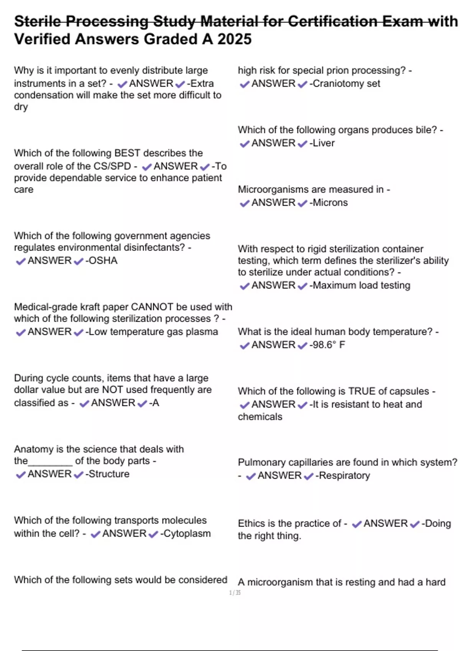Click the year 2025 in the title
pos(235,39)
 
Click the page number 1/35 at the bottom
pos(235,593)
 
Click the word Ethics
pos(251,523)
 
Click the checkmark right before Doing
pos(415,524)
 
